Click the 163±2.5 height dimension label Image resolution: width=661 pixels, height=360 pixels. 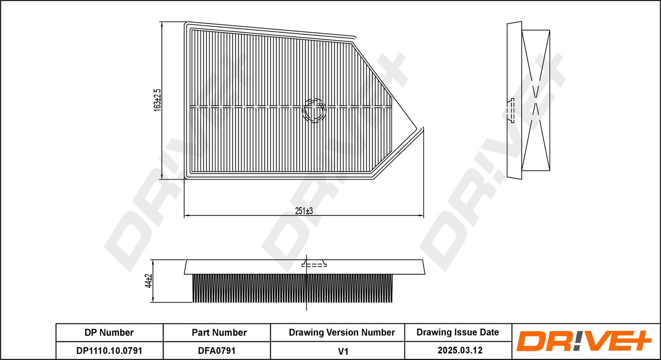click(x=157, y=100)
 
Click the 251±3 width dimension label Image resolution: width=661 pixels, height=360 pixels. click(x=304, y=211)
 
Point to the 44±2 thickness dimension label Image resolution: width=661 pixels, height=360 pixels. click(x=148, y=281)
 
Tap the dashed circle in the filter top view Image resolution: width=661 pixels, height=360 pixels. click(x=314, y=111)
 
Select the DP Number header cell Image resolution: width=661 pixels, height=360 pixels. click(x=109, y=333)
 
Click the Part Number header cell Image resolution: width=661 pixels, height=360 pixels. click(x=219, y=333)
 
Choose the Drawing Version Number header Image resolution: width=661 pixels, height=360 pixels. click(x=342, y=333)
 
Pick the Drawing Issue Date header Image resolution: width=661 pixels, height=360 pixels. click(x=458, y=332)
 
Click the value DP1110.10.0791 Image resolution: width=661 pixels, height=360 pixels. click(x=109, y=351)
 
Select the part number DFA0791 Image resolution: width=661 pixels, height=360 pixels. click(x=216, y=351)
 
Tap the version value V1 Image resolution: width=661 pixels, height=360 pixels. click(x=343, y=351)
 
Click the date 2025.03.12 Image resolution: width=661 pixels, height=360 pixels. click(x=460, y=350)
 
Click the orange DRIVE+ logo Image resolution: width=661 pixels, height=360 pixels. click(x=584, y=341)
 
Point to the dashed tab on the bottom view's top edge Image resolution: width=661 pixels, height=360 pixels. click(x=314, y=264)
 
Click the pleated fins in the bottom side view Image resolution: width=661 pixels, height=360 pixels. click(x=292, y=288)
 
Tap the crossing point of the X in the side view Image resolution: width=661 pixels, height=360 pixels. click(x=535, y=101)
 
